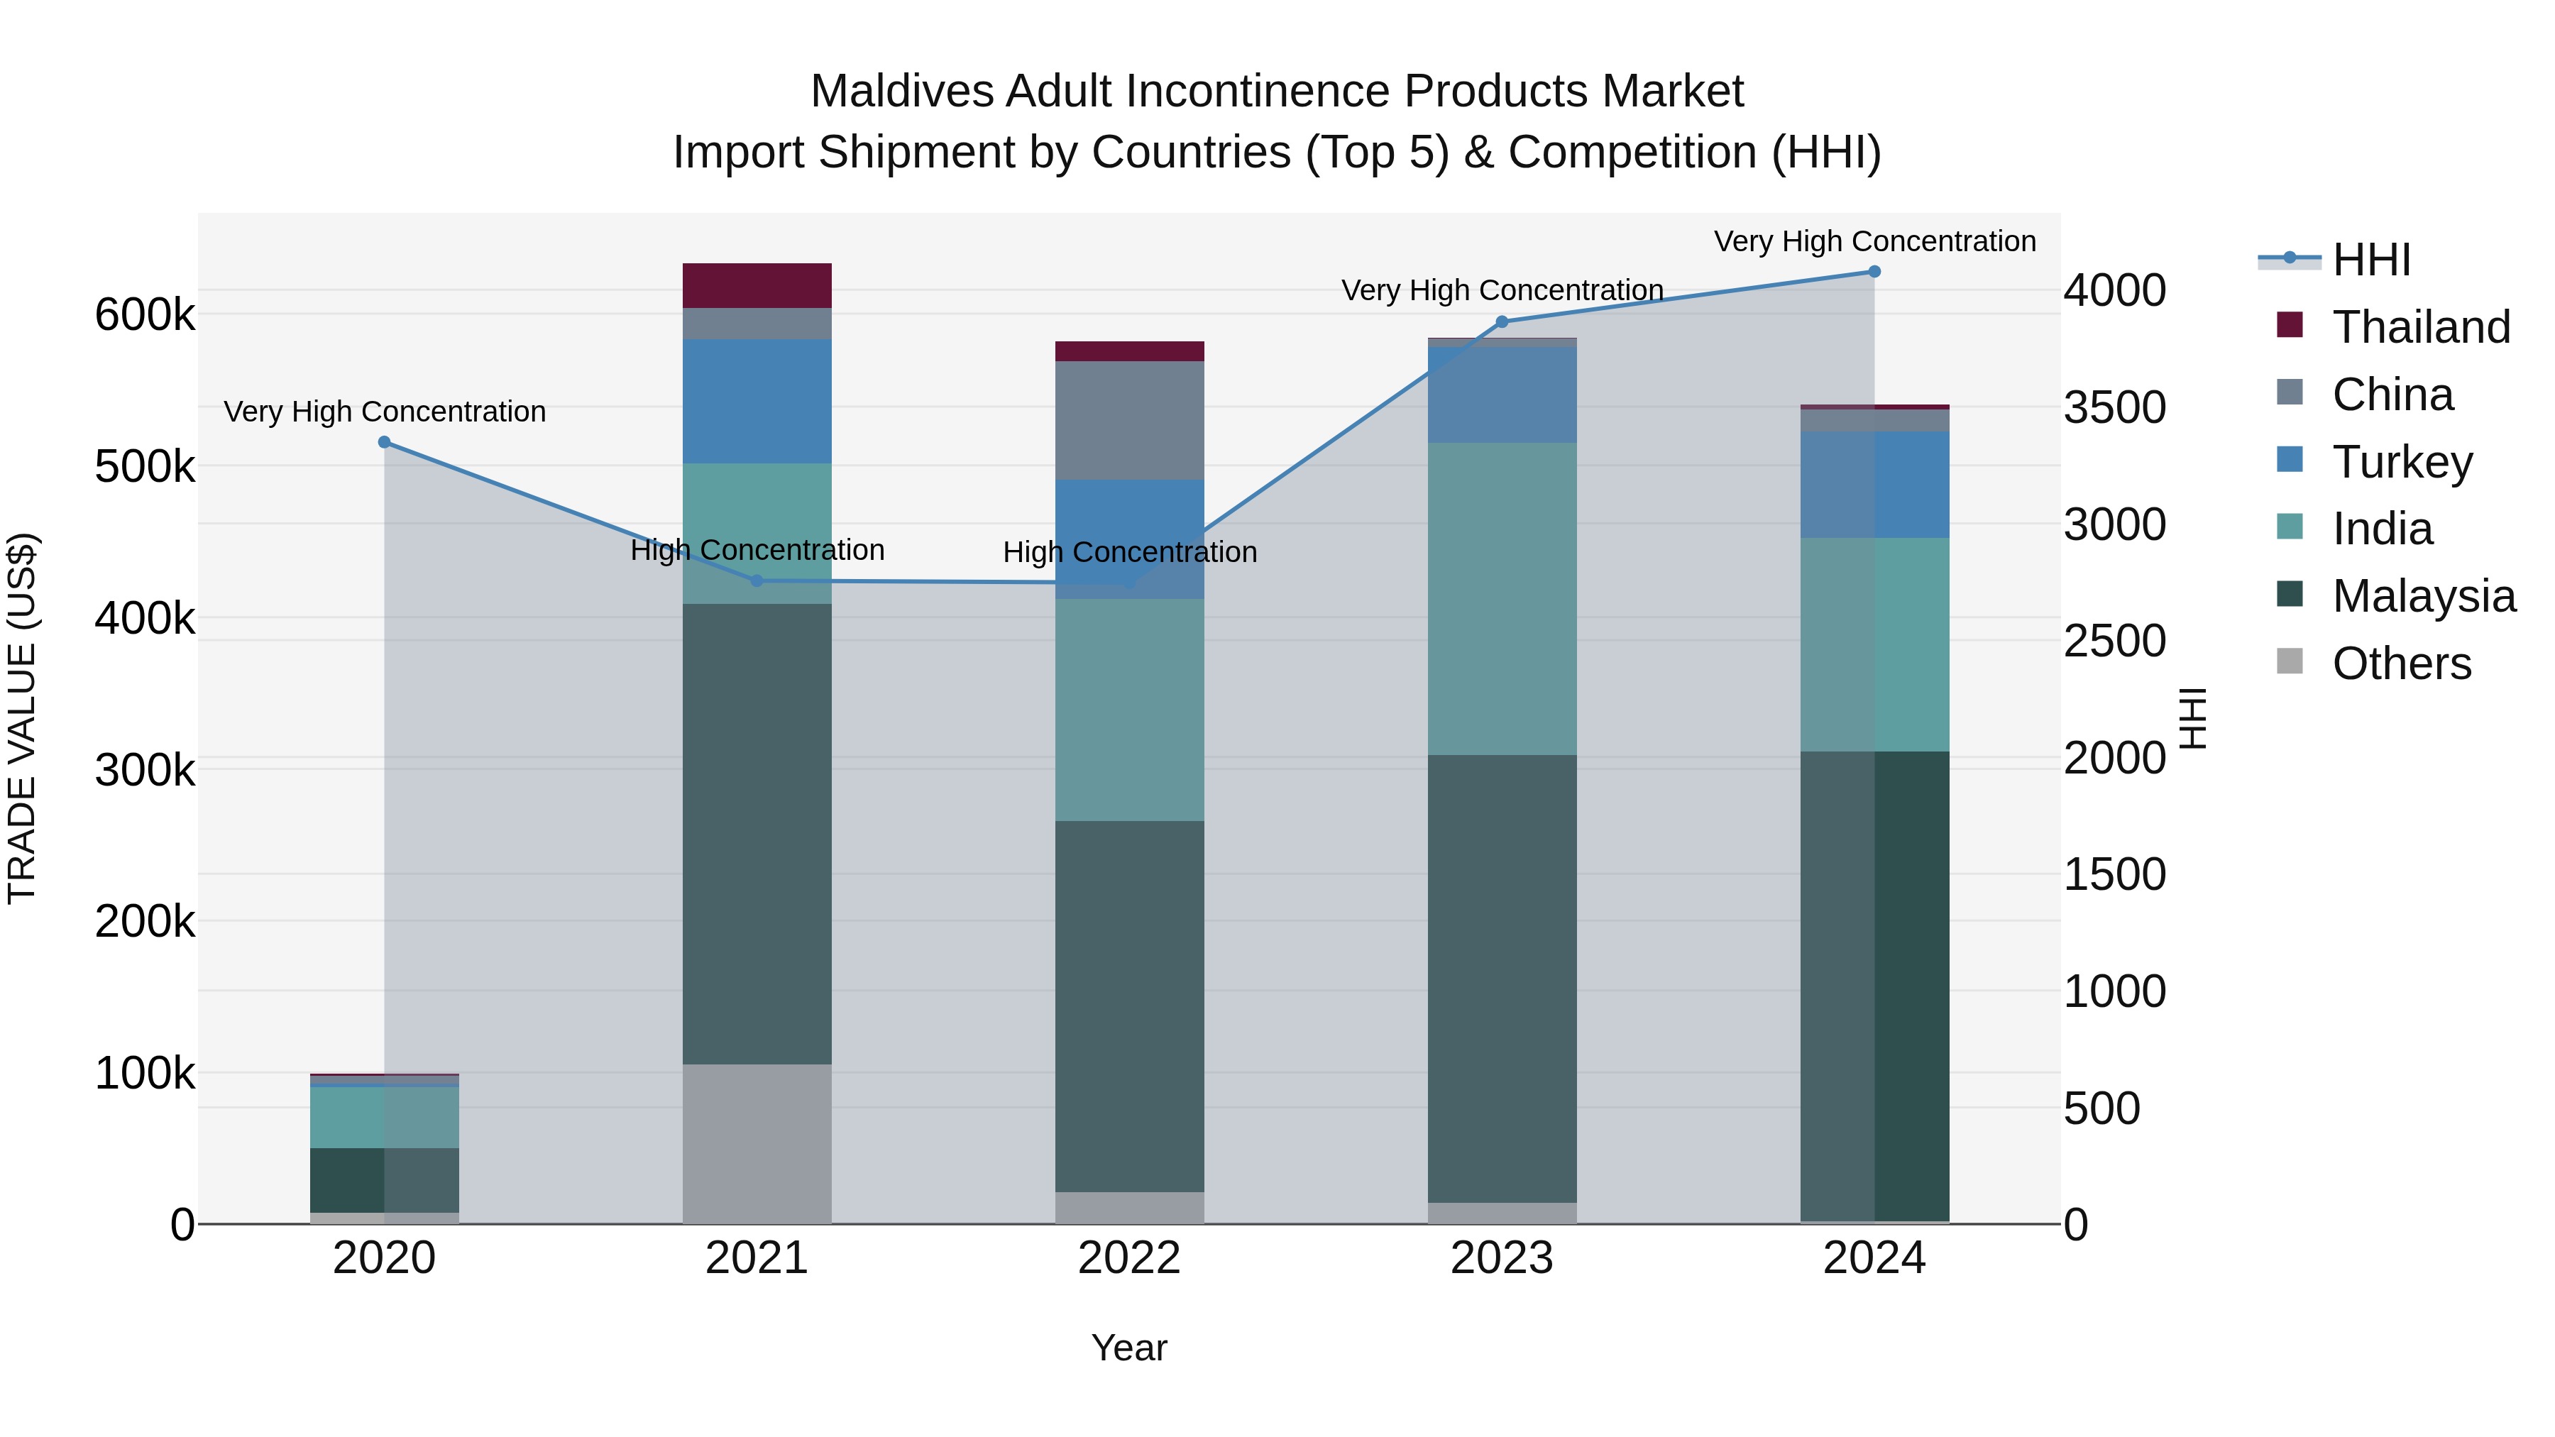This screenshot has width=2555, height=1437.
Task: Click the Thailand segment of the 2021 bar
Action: pyautogui.click(x=757, y=285)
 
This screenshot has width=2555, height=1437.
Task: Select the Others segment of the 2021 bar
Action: pyautogui.click(x=757, y=1143)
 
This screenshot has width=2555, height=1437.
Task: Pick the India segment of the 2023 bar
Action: pyautogui.click(x=1502, y=598)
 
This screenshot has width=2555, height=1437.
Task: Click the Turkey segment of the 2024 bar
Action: pyautogui.click(x=1874, y=484)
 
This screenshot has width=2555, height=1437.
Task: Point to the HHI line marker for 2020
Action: pyautogui.click(x=385, y=442)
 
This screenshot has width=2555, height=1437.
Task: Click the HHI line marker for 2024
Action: pyautogui.click(x=1874, y=272)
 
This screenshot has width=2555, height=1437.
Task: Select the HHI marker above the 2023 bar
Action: pyautogui.click(x=1502, y=322)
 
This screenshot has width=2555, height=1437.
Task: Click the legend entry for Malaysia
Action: pyautogui.click(x=2423, y=596)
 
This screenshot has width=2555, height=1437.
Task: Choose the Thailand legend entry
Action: pyautogui.click(x=2420, y=327)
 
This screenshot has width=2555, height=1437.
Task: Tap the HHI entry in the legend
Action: pyautogui.click(x=2370, y=260)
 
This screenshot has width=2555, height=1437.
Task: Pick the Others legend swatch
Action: pyautogui.click(x=2289, y=661)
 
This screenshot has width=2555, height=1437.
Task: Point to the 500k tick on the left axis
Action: pyautogui.click(x=145, y=467)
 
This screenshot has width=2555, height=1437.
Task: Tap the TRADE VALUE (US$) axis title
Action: pyautogui.click(x=22, y=718)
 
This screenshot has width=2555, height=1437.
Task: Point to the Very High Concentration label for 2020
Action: pyautogui.click(x=385, y=412)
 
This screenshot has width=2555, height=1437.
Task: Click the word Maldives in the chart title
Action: pyautogui.click(x=901, y=92)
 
